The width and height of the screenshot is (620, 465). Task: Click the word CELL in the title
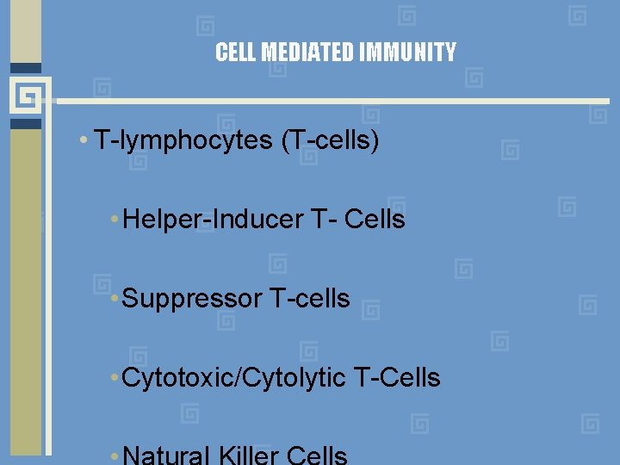(x=236, y=53)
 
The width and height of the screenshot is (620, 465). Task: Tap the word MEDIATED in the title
(x=307, y=53)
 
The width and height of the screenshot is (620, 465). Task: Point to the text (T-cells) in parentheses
(x=330, y=140)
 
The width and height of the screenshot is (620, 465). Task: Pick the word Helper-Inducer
(x=213, y=220)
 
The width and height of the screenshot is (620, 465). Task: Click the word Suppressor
(x=192, y=299)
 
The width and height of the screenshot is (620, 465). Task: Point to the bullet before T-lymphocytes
(x=82, y=141)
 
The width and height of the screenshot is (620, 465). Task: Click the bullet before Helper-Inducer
(x=115, y=220)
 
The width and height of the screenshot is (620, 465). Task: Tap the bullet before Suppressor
(x=115, y=299)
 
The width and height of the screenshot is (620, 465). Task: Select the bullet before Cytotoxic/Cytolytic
(x=115, y=377)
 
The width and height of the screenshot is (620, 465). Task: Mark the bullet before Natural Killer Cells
(x=115, y=456)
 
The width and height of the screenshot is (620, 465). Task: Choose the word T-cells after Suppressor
(x=310, y=299)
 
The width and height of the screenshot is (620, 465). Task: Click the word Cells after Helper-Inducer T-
(x=375, y=220)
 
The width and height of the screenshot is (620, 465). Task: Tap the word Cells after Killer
(x=316, y=456)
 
